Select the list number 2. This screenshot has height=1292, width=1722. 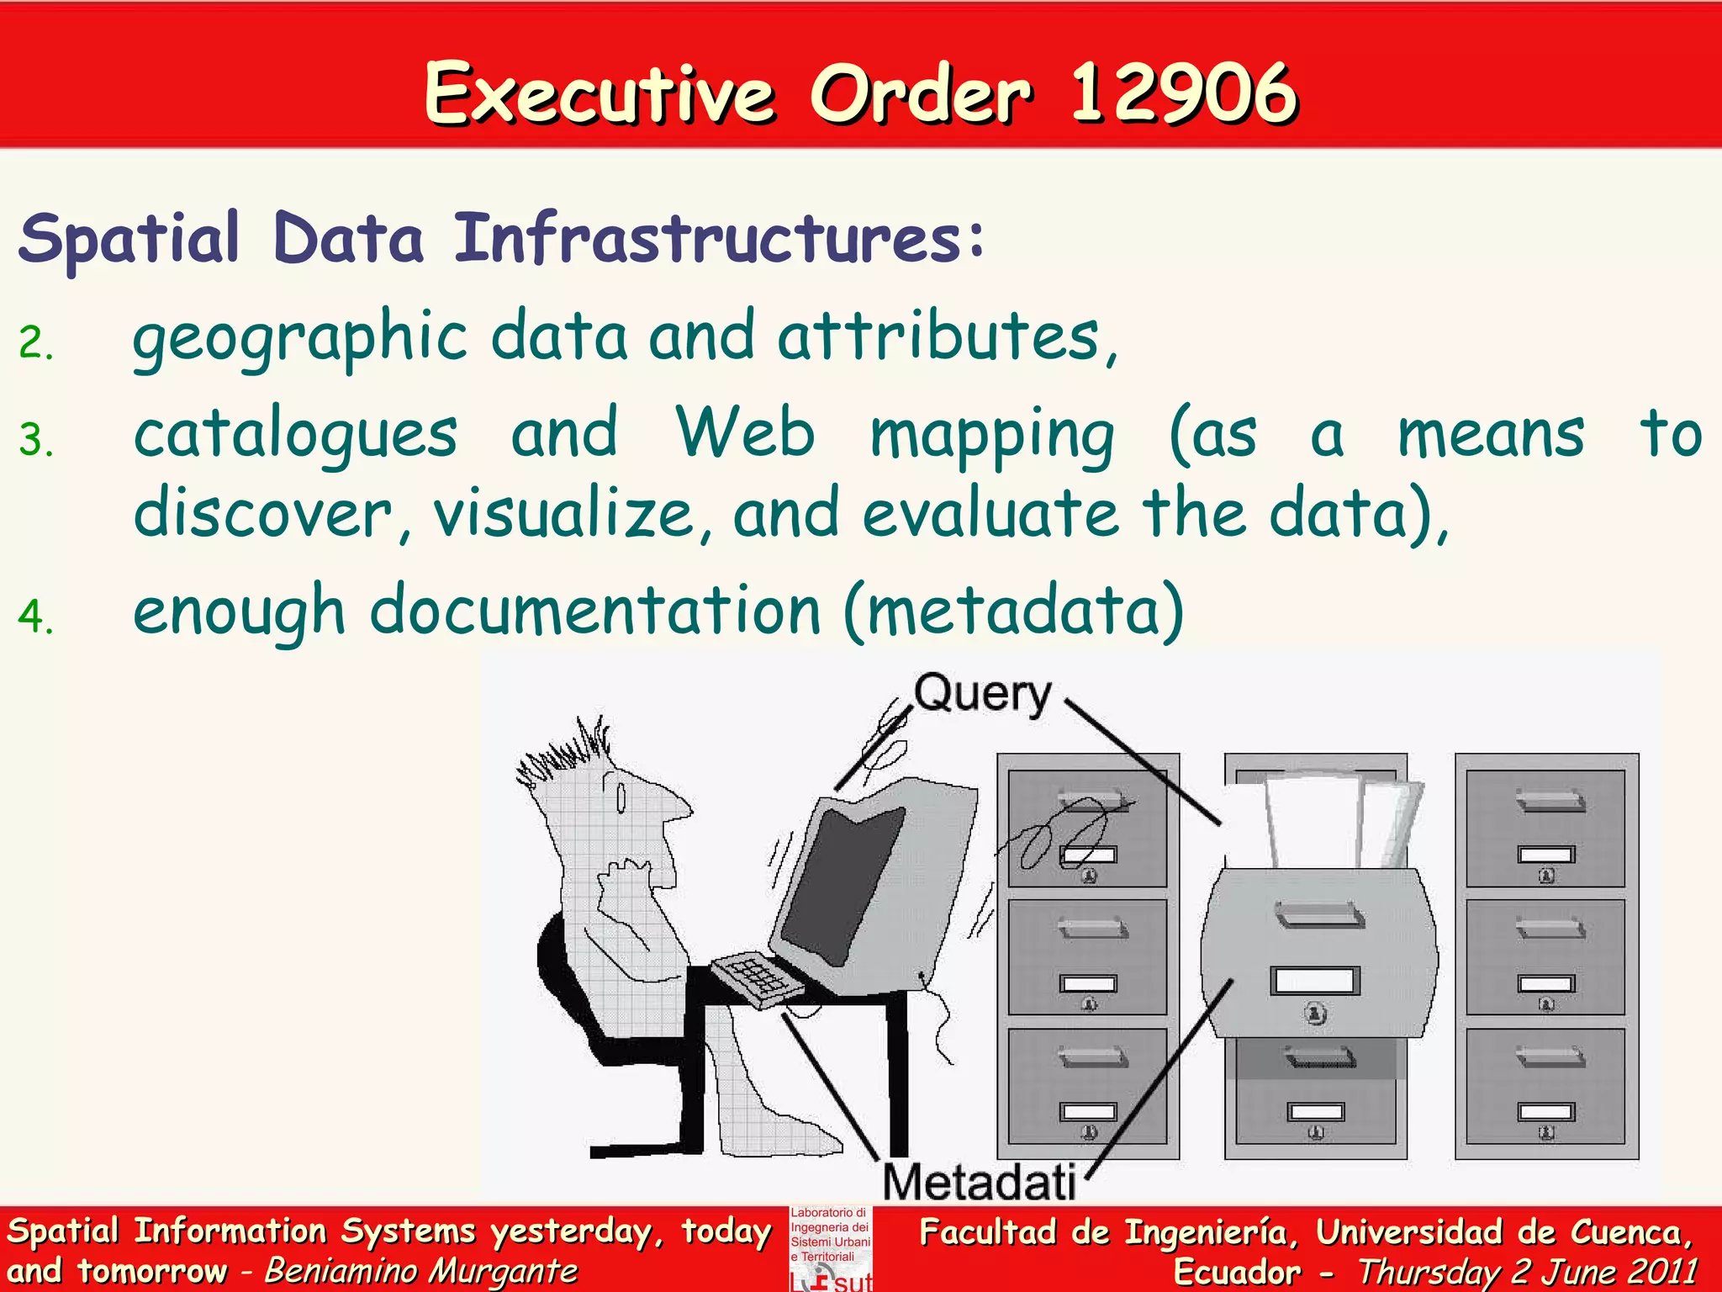[35, 343]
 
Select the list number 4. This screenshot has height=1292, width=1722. [35, 616]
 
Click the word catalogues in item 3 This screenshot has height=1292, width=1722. [296, 436]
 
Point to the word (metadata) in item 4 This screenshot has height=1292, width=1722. [1014, 611]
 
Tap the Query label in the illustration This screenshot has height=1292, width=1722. [982, 695]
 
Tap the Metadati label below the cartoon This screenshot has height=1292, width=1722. [979, 1182]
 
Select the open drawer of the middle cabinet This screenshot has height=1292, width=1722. [1318, 955]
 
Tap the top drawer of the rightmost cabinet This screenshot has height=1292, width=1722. [1545, 829]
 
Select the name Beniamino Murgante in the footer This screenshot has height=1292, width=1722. [420, 1271]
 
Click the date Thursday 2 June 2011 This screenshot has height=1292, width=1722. [1526, 1271]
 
